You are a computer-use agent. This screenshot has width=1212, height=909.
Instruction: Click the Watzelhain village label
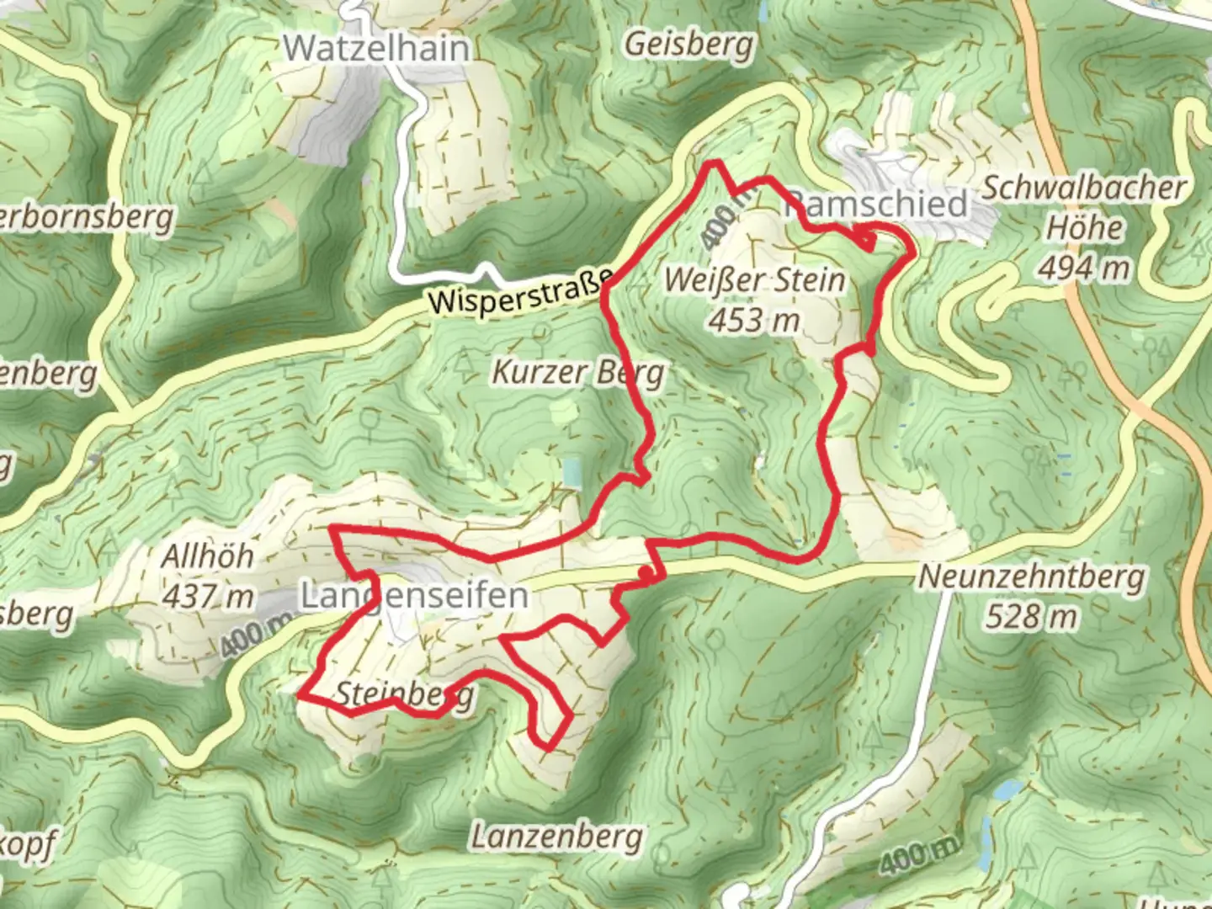point(376,48)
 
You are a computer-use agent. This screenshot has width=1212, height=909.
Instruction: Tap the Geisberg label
point(688,44)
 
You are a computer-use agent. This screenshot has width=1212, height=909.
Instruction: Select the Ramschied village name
point(876,205)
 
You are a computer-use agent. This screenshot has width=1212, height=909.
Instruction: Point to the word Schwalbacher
point(1084,188)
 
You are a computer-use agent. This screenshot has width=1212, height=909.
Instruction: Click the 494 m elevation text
point(1083,268)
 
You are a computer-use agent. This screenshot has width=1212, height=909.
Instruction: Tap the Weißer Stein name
point(754,279)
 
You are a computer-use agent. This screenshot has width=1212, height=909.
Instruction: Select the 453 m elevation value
point(753,321)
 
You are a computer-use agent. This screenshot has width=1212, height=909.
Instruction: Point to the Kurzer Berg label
point(577,371)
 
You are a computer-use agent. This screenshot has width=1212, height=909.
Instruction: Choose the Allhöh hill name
point(207,556)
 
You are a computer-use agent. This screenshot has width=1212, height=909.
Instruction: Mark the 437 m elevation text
point(207,597)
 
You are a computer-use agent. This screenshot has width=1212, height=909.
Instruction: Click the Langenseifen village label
point(414,597)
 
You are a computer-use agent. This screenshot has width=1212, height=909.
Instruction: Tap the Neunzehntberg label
point(1031,577)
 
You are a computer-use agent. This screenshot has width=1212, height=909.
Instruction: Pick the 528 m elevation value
point(1031,617)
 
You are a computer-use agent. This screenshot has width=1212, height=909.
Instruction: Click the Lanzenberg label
point(556,837)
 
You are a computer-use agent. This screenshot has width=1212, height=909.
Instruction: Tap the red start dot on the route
point(645,574)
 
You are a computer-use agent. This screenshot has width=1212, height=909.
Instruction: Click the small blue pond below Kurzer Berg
point(572,473)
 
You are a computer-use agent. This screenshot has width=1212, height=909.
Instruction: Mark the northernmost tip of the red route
point(714,162)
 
